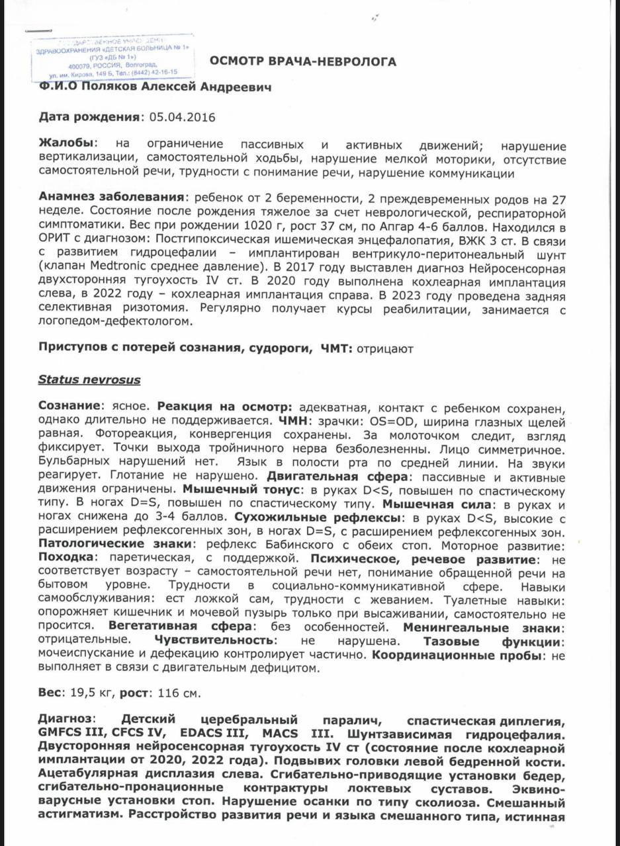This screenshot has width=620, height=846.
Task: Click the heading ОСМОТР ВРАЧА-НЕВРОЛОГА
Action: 303,62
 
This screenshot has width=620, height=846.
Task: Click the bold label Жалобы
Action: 67,144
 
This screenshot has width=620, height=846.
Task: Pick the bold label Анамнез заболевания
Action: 111,197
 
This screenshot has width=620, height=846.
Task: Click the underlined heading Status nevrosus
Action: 89,380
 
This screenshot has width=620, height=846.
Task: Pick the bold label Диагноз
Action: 67,720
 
